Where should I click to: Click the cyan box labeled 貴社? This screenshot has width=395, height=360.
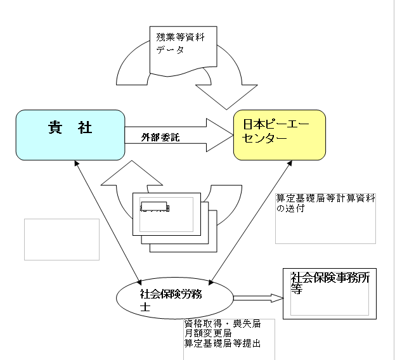coord(70,134)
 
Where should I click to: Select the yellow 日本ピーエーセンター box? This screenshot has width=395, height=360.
coord(279,134)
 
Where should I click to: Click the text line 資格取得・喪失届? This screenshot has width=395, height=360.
coord(222,323)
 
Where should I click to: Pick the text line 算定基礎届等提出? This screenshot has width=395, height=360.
coord(222,343)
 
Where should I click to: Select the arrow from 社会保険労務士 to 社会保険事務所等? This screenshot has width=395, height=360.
coord(257,297)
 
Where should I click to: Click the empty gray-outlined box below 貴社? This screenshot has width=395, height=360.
coord(62,239)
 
